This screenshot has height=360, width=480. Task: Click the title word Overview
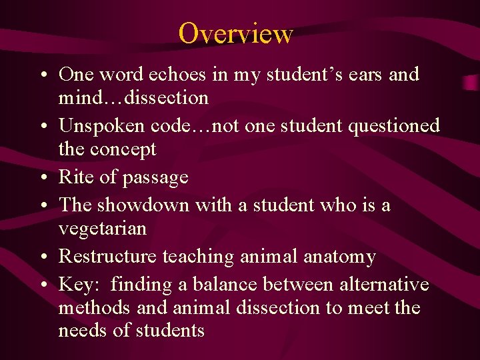point(235,33)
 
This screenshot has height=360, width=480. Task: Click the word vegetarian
point(102,229)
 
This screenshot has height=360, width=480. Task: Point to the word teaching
point(198,257)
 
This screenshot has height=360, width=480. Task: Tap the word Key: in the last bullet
point(79,285)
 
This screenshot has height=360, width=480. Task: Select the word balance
point(225,285)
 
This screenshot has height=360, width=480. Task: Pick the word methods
point(94,308)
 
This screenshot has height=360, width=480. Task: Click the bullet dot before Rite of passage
point(42,178)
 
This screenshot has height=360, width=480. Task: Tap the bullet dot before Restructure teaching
point(42,257)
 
